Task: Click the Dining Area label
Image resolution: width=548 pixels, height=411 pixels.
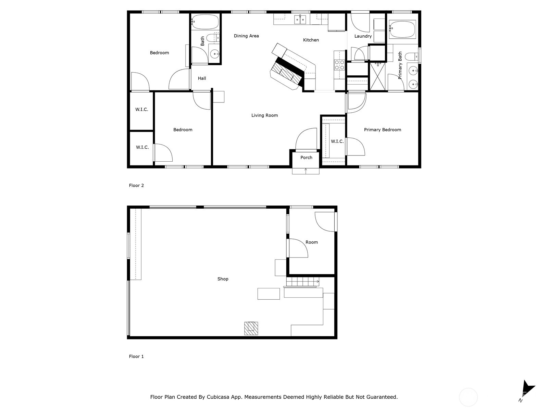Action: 246,36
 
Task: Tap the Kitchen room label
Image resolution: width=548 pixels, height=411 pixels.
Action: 311,40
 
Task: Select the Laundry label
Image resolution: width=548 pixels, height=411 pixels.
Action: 363,36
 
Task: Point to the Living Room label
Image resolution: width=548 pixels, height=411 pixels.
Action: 264,115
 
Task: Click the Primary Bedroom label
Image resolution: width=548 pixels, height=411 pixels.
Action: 382,130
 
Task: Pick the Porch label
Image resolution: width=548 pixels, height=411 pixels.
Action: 306,158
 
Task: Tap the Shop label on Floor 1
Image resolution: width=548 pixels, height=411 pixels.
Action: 223,279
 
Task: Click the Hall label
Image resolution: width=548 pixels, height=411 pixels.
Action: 202,78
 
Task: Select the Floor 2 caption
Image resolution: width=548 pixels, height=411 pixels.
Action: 136,186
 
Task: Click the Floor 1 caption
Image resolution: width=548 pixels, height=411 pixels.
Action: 136,357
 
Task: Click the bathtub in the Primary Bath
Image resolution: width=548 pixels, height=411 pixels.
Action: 402,29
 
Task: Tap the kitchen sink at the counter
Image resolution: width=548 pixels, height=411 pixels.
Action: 300,20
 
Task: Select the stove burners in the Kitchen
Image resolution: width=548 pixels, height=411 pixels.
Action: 339,65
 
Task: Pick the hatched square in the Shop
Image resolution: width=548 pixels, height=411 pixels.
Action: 251,328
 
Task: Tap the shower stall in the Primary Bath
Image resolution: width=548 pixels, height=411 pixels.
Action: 378,76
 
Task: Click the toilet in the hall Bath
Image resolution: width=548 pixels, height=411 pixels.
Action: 213,37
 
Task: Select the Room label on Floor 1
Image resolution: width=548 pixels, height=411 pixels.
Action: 311,242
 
